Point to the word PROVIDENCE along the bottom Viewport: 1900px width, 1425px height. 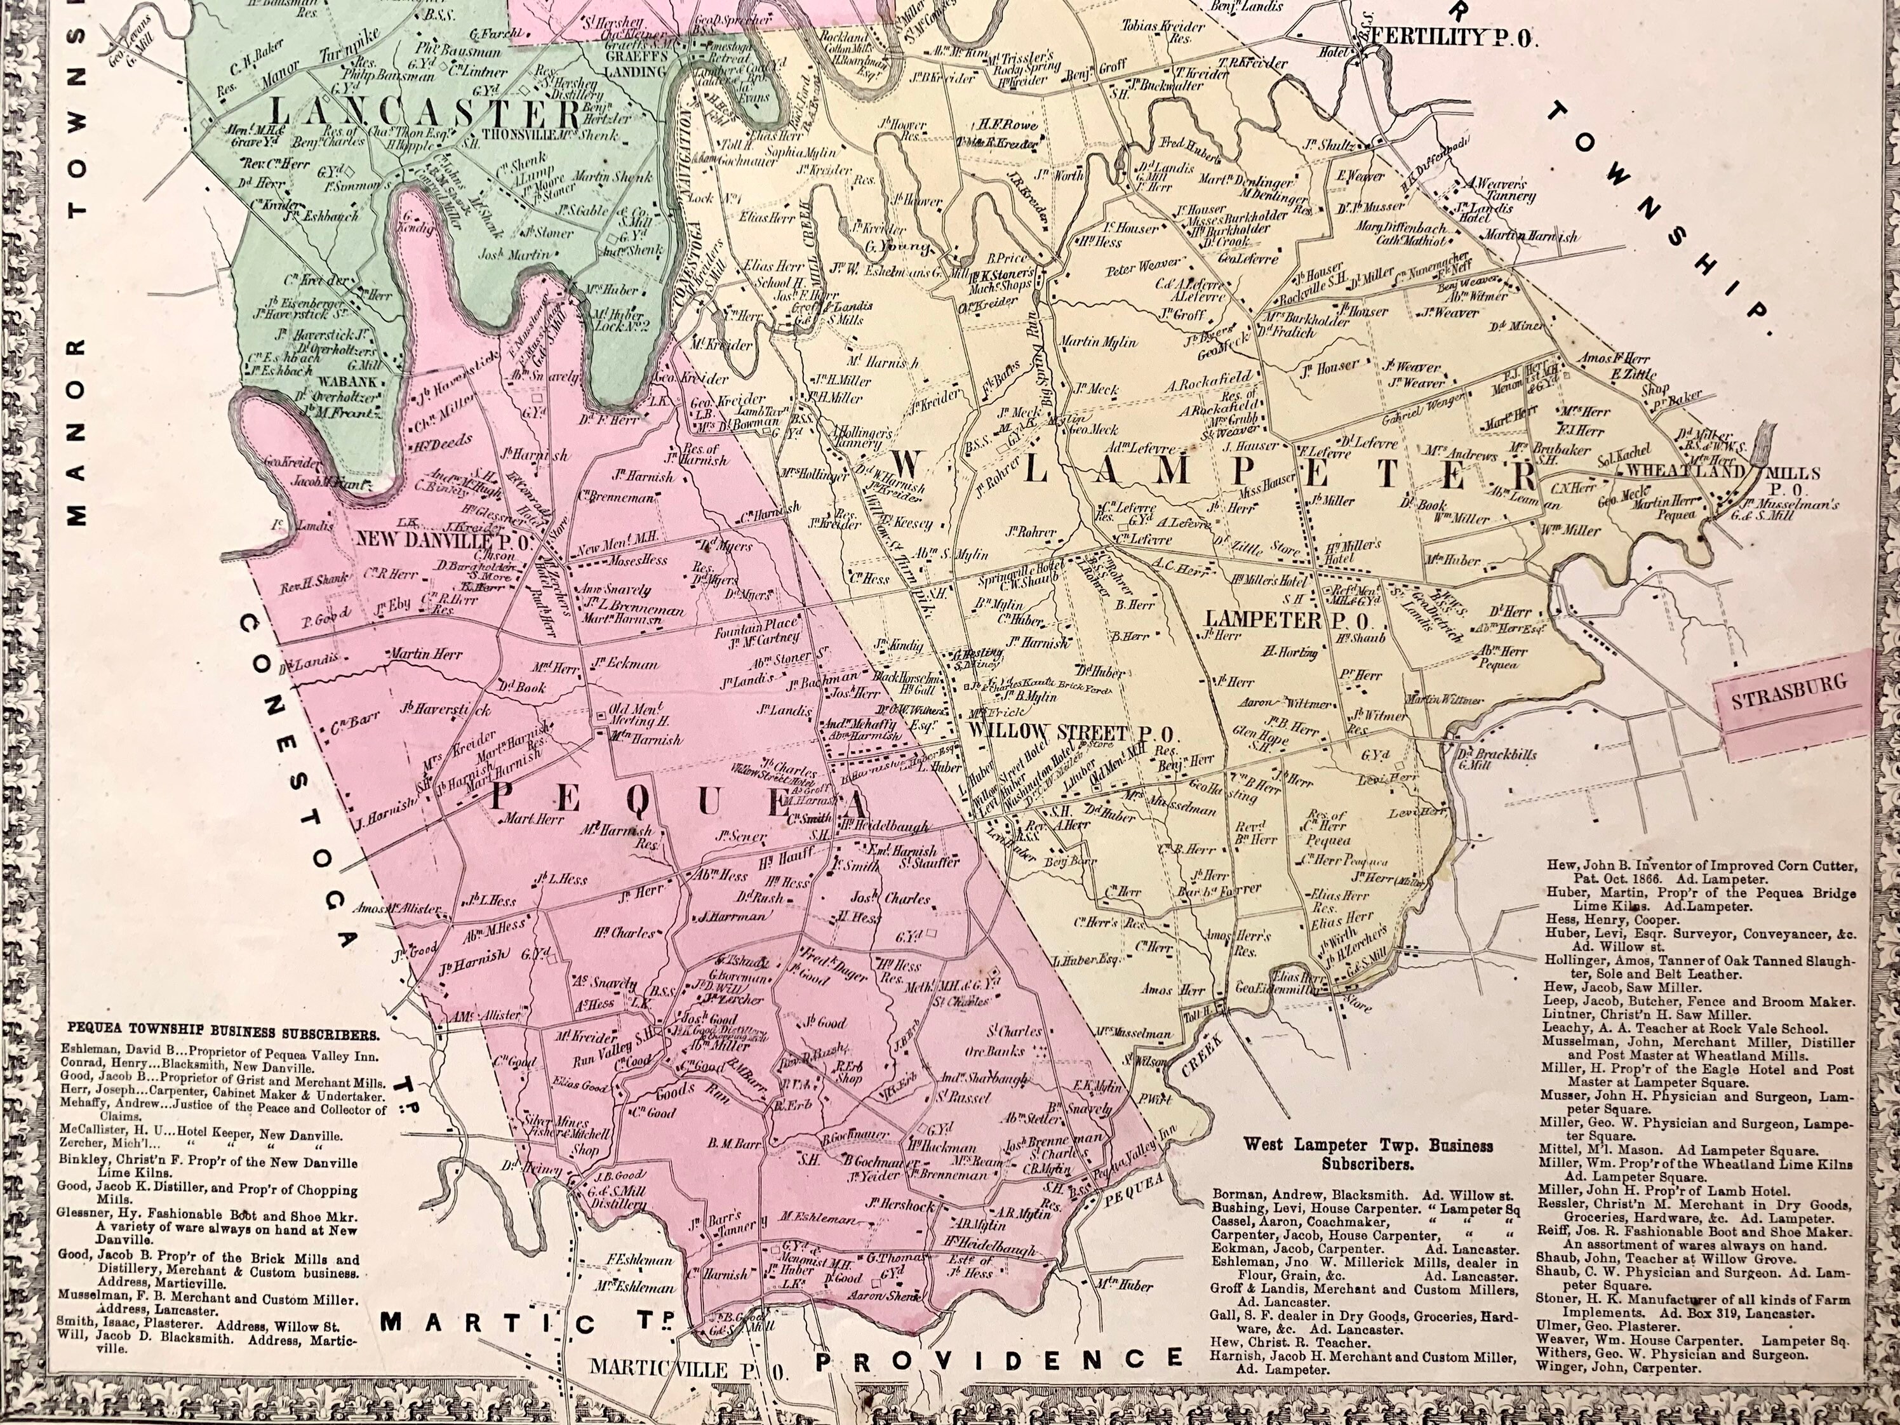[x=996, y=1359]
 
